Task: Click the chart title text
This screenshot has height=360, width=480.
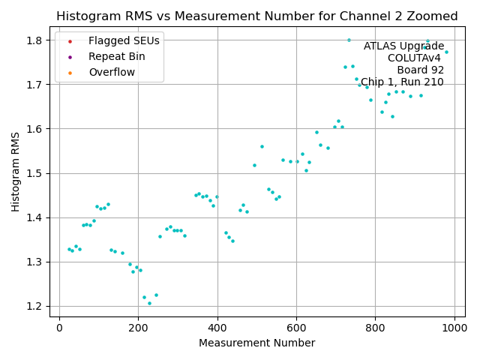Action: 256,16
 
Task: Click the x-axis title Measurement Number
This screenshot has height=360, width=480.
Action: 256,343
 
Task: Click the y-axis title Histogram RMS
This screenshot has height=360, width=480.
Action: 16,171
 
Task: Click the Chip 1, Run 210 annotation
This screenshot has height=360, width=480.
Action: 402,82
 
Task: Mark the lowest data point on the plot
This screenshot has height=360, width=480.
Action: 149,303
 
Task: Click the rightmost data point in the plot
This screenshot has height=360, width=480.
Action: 446,52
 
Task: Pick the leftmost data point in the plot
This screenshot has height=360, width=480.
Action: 68,249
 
